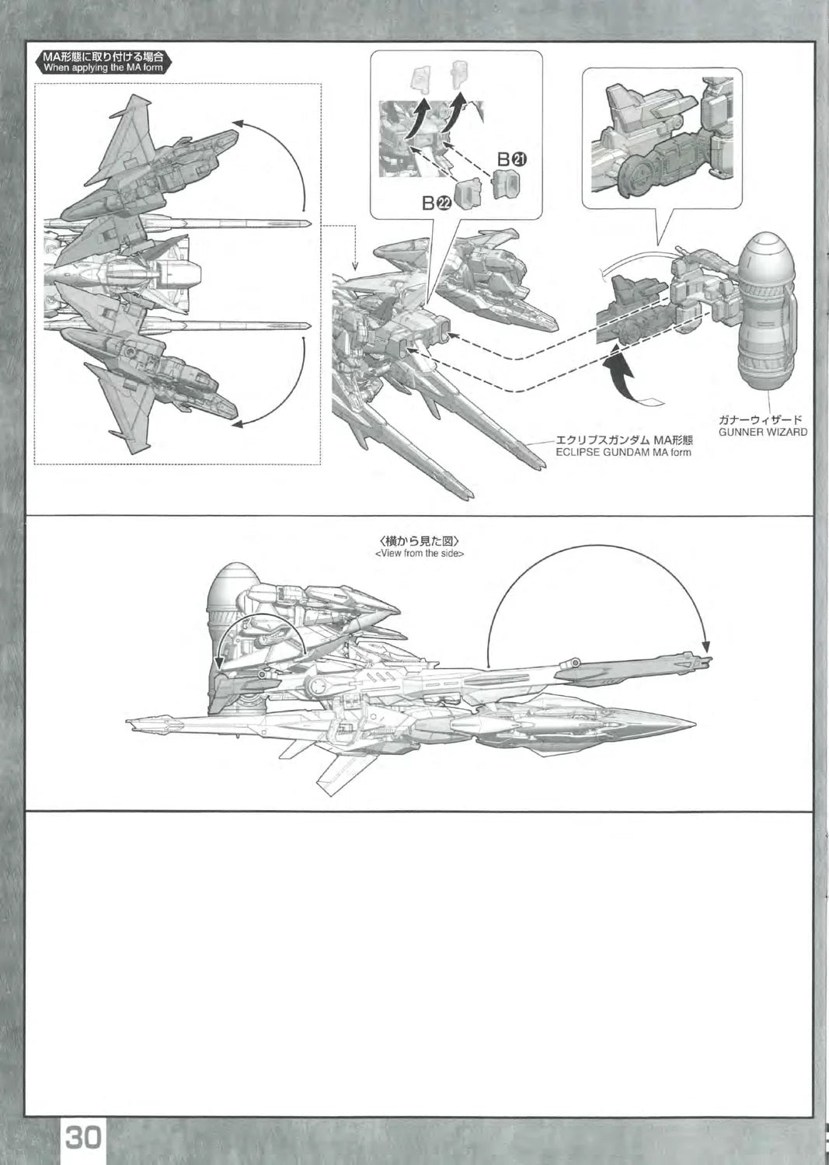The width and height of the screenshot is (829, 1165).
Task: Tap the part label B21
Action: pyautogui.click(x=513, y=159)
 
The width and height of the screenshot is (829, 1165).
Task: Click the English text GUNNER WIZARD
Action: pyautogui.click(x=762, y=432)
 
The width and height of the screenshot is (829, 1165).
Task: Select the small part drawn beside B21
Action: pyautogui.click(x=506, y=184)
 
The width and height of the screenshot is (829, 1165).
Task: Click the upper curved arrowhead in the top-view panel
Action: pyautogui.click(x=236, y=123)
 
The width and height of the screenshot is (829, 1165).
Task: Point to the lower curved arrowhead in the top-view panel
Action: pyautogui.click(x=236, y=423)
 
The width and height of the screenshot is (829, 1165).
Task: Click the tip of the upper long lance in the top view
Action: pyautogui.click(x=310, y=224)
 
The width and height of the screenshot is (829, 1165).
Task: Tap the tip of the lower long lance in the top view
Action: pyautogui.click(x=310, y=325)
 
